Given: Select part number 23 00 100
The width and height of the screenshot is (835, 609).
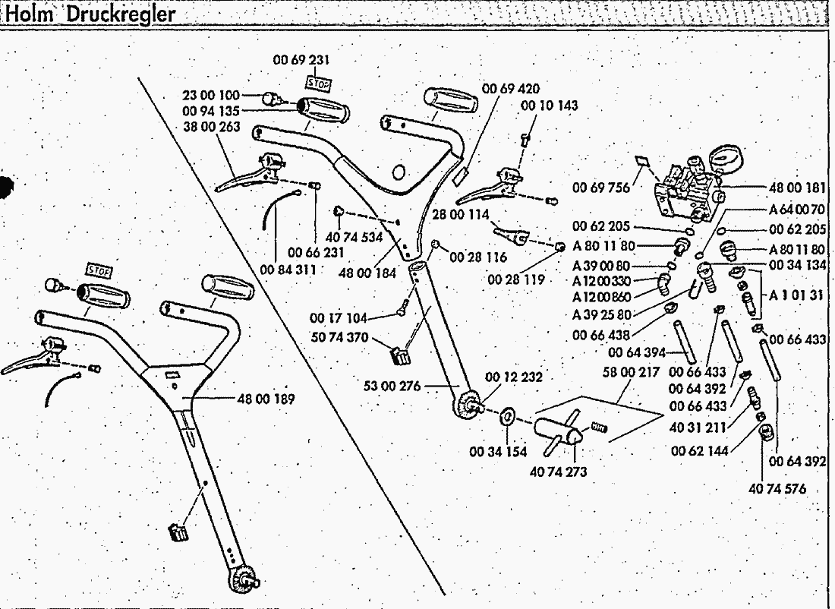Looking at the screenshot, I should (210, 96).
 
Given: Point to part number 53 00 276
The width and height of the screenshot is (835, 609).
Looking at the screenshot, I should (392, 387).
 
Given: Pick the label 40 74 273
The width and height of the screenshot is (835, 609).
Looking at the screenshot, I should (558, 472).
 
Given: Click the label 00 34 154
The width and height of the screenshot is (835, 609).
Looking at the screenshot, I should (498, 452).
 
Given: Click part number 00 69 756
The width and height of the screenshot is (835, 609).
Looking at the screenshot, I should (601, 188).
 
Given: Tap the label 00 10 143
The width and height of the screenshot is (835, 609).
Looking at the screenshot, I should (548, 106).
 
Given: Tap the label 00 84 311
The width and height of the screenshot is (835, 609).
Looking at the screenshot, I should (286, 269).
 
